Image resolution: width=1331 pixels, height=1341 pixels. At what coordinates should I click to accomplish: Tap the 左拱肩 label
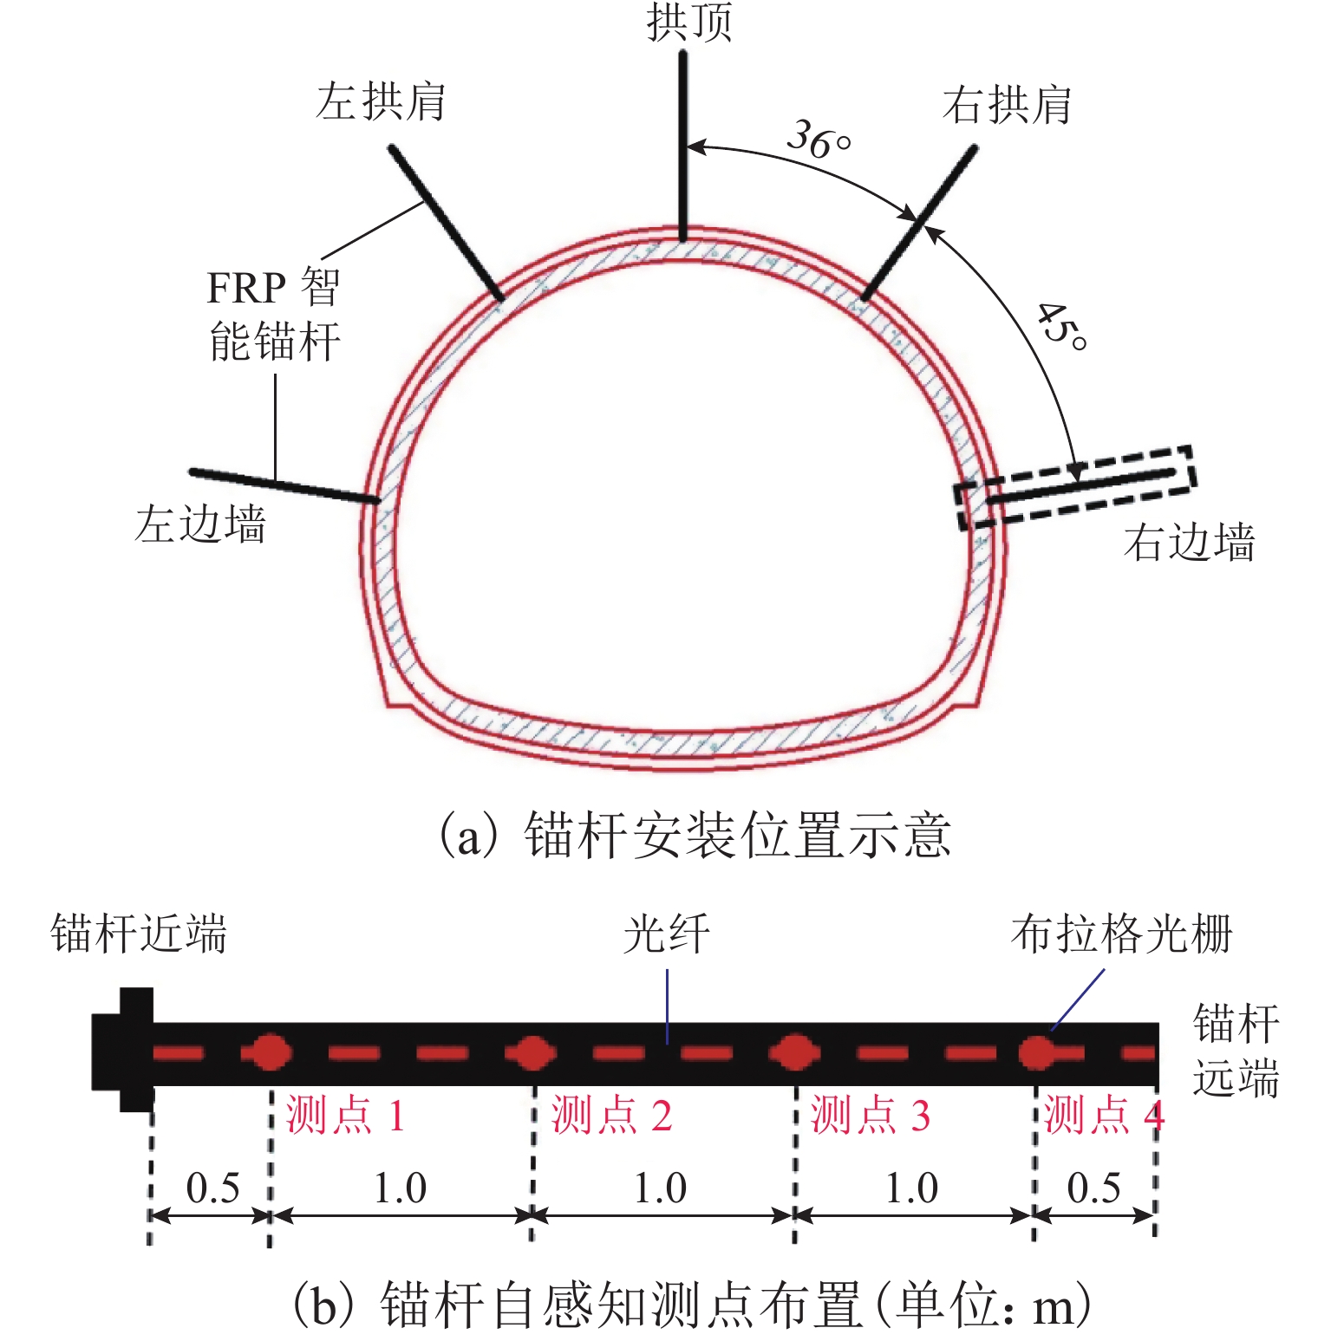coord(381,101)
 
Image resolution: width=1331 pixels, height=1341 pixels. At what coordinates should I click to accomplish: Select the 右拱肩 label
coord(1007,106)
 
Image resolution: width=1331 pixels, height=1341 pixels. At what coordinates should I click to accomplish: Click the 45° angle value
coord(1061,327)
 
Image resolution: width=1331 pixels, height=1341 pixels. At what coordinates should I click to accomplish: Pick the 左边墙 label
coord(199,524)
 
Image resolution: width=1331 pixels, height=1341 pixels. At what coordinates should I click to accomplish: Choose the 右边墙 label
coord(1189,543)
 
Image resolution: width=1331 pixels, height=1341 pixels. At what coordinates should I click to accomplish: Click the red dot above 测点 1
coord(271,1053)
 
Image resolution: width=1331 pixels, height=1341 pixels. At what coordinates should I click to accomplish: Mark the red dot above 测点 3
coord(794,1053)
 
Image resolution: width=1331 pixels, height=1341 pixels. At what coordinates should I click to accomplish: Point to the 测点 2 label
coord(611,1115)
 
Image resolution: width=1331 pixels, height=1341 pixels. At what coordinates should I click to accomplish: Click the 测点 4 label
coord(1102,1115)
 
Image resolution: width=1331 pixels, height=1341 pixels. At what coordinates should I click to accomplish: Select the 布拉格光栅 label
coord(1121,934)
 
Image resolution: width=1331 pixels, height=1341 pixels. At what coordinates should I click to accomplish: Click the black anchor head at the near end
coord(123,1050)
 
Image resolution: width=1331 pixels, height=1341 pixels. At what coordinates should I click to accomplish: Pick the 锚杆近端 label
coord(139,934)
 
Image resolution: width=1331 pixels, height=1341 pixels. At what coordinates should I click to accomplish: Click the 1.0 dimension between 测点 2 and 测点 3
coord(660,1188)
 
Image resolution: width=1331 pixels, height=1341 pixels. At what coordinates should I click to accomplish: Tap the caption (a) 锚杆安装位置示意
coord(694,836)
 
